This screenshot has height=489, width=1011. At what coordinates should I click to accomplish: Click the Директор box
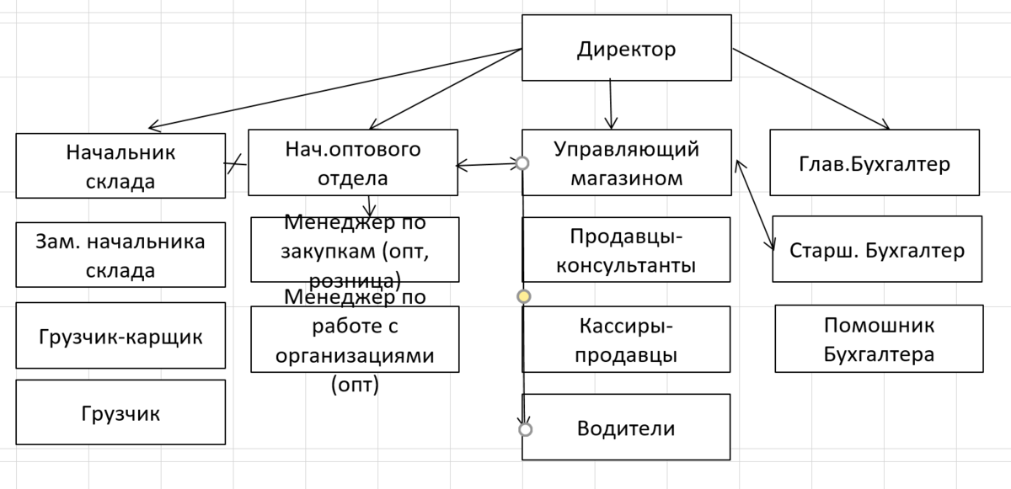(626, 48)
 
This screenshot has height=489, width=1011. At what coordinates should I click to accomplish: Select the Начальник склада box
(120, 166)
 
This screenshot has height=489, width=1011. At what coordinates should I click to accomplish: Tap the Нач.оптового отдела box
(353, 162)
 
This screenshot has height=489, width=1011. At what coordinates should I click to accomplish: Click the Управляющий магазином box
(626, 162)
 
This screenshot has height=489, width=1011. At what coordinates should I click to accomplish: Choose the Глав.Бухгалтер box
(875, 162)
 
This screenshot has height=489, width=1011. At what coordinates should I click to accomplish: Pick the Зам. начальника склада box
(120, 255)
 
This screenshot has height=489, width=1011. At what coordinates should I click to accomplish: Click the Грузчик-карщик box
(120, 336)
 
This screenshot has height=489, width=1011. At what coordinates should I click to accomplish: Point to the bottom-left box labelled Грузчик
(120, 412)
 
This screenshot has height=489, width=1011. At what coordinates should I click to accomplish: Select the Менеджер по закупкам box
(355, 250)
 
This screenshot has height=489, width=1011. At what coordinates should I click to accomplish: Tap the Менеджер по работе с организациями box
(355, 339)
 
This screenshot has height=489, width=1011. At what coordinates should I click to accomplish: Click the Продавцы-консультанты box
(626, 250)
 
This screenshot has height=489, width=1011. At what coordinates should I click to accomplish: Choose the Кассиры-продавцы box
(626, 339)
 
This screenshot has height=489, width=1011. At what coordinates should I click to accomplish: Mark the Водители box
(626, 427)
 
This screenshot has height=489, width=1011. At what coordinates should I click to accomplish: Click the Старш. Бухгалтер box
(877, 250)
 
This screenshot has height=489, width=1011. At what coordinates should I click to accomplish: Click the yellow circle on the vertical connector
(523, 296)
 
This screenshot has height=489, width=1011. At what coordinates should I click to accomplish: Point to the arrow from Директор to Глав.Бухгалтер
(810, 88)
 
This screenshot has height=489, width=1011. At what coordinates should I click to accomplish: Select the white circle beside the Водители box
(526, 429)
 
